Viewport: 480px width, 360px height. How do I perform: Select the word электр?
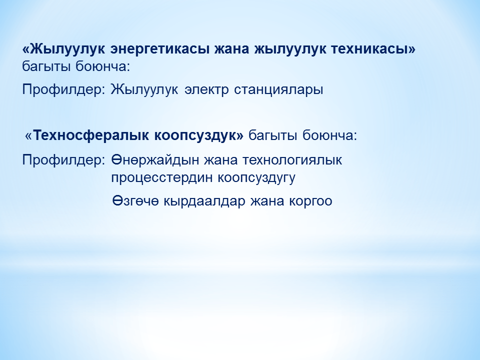point(206,89)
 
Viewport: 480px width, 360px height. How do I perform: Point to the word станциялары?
point(279,90)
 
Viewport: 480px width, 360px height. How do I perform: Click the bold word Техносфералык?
point(91,134)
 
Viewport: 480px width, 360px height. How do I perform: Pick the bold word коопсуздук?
point(195,135)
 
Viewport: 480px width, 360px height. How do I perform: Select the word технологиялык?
point(292,160)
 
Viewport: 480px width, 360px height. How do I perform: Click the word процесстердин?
point(162,178)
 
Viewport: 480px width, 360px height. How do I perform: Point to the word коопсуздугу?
point(257,178)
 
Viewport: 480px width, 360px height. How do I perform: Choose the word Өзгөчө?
point(135,201)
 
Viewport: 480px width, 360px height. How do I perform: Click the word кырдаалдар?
point(204,201)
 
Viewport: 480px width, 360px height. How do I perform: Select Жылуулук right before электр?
point(144,90)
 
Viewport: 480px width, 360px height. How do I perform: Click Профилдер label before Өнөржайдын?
point(63,160)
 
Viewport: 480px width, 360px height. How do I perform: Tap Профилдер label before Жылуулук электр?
point(63,90)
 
